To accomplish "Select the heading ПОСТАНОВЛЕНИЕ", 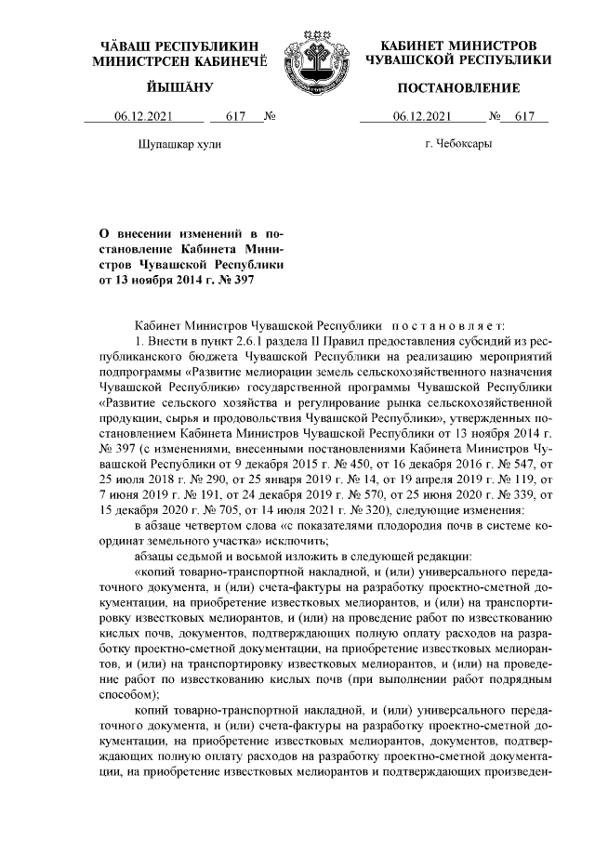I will click(x=458, y=87).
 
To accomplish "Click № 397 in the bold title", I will click(x=231, y=278).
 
